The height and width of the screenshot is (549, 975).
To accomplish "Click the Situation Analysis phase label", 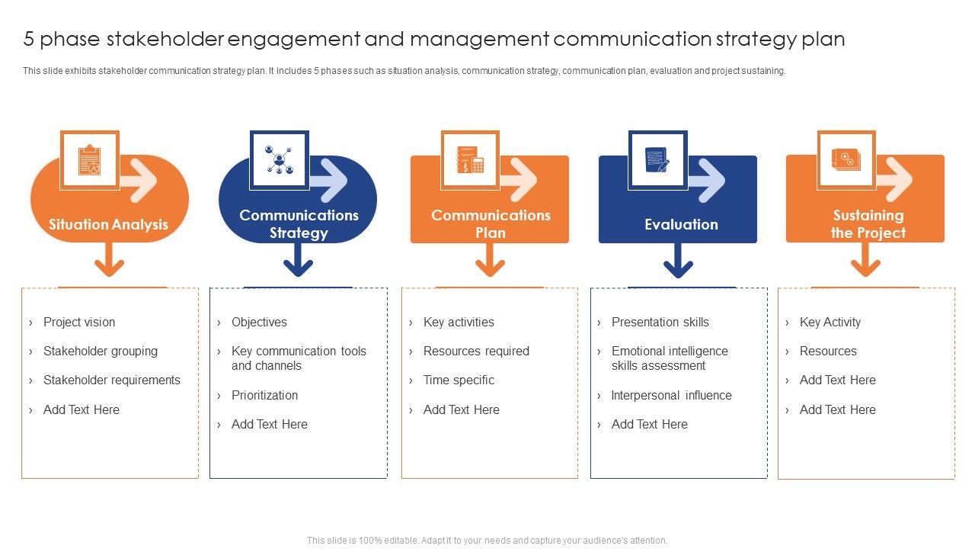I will click(x=108, y=224).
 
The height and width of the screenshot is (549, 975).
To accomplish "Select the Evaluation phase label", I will click(x=681, y=224).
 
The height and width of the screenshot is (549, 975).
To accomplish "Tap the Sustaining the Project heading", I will click(x=868, y=224).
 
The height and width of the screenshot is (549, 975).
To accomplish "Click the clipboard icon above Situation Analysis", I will click(x=90, y=160).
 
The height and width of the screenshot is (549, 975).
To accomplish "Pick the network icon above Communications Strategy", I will click(x=279, y=159).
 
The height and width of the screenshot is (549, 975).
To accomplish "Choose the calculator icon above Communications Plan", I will click(x=470, y=159).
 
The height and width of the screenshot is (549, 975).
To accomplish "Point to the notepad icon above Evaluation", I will click(x=657, y=159).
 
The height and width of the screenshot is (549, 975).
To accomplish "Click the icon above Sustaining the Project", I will click(x=846, y=159).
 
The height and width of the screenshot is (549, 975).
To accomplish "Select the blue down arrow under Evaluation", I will click(x=678, y=260).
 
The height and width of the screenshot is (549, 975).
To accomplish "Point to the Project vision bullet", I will click(x=79, y=322).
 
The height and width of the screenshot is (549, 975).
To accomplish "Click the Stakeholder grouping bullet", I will click(x=101, y=351).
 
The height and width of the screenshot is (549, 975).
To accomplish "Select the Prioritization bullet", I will click(x=264, y=395).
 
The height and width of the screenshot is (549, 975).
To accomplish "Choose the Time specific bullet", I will click(x=459, y=380).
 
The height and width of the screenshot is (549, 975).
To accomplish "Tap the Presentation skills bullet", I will click(x=660, y=322).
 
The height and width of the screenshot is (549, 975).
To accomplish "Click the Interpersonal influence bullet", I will click(x=671, y=395).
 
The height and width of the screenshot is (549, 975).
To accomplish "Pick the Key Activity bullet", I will click(x=830, y=322).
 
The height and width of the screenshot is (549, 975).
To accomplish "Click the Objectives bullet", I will click(x=259, y=322).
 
